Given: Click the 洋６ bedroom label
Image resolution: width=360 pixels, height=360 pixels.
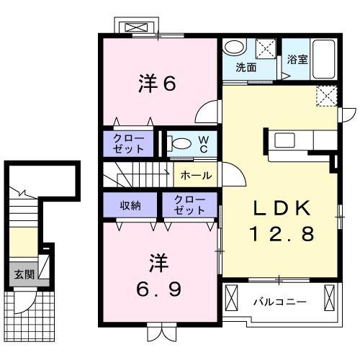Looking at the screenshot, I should point(157,84).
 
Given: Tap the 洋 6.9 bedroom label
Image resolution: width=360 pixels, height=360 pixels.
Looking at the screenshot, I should point(160,274).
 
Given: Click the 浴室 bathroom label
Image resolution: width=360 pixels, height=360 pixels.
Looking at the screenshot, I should point(298,59).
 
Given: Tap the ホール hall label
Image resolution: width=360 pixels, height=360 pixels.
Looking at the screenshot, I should point(195,176).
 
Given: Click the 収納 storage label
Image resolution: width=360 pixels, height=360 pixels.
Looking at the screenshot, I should point(130,206).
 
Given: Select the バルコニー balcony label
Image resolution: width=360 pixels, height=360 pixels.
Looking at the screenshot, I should point(279,302).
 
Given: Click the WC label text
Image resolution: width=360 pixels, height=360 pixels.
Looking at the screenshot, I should point(204,143).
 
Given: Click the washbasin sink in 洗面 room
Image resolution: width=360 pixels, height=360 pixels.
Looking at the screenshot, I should point(233,48).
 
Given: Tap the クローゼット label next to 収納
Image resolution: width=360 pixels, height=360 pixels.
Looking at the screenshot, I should point(189,206).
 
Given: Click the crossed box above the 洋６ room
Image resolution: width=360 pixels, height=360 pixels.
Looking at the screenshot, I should point(135,28).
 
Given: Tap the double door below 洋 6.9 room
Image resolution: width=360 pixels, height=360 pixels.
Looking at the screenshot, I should point(160,333).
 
